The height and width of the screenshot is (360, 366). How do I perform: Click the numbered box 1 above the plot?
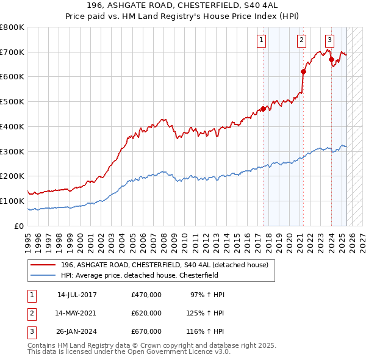point(261,41)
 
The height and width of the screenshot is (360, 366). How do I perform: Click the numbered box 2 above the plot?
point(301,41)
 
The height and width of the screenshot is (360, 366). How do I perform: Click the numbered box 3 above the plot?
point(329,41)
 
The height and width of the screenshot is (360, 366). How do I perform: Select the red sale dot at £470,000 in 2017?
point(263,109)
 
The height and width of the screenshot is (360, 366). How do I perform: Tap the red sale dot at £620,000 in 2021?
point(303,71)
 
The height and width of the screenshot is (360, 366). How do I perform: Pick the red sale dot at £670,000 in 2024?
point(331,59)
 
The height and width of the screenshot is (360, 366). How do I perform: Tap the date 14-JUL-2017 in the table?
point(77,295)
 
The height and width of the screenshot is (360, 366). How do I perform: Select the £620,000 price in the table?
point(146,313)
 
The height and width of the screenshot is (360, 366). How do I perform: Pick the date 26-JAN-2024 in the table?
point(77,331)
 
